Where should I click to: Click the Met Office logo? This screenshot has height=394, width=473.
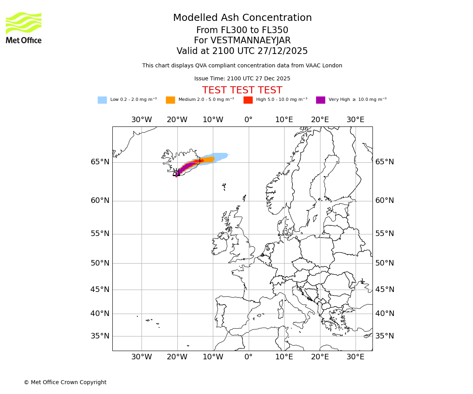[24, 28]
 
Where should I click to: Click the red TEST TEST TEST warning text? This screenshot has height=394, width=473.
[242, 90]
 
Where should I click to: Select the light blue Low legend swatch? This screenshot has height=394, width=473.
[102, 100]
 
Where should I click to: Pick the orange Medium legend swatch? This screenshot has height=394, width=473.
[170, 100]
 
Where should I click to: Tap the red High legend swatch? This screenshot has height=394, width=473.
[248, 100]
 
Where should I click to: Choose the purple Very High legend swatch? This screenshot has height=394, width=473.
[320, 100]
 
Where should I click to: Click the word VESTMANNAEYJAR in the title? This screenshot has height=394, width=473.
[250, 41]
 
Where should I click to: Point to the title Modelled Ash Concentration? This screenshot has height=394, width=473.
[242, 18]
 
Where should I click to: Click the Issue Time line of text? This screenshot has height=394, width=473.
[242, 78]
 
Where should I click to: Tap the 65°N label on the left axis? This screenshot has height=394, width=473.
[100, 162]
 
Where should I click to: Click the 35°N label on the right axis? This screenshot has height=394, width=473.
[384, 336]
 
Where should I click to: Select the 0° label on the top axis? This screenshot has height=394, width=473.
[248, 120]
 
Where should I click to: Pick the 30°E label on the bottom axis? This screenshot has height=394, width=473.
[355, 357]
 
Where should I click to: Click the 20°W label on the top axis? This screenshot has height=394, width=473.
[177, 120]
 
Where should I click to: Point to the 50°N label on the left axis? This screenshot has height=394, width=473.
[100, 263]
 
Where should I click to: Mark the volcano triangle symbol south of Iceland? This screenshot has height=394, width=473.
[176, 173]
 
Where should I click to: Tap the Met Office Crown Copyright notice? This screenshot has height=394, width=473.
[65, 382]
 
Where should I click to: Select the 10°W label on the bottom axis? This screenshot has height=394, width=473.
[213, 357]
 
